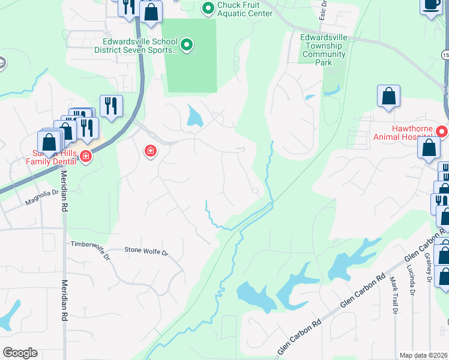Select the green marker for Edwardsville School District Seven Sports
click(x=187, y=44)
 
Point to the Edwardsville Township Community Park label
click(x=324, y=50)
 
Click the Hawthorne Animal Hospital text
click(x=408, y=132)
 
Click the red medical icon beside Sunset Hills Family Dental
click(x=86, y=157)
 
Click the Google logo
click(x=20, y=353)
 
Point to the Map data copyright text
click(x=423, y=355)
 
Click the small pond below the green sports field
click(x=194, y=116)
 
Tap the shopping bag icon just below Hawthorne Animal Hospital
click(x=429, y=148)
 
